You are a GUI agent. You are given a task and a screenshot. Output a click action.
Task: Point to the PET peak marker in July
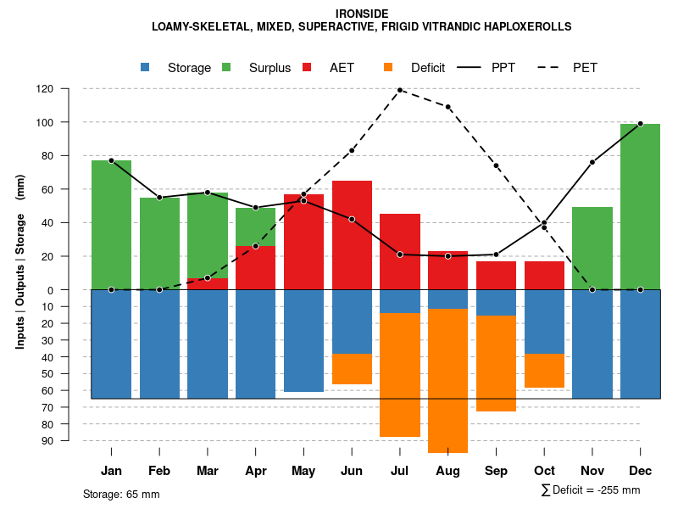tap(400, 90)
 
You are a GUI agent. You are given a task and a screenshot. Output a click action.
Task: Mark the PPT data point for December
tap(640, 124)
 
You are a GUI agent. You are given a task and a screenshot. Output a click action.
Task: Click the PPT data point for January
tap(111, 160)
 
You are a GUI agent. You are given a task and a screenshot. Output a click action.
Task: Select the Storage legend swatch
tap(146, 68)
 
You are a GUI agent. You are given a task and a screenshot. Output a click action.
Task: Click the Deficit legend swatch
tap(389, 68)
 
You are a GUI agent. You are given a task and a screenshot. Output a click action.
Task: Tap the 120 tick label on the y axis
tap(45, 88)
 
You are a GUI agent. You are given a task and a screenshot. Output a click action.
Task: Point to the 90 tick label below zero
tap(47, 440)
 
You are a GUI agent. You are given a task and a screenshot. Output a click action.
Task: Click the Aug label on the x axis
tap(447, 471)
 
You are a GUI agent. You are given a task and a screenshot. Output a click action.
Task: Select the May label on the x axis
tap(303, 471)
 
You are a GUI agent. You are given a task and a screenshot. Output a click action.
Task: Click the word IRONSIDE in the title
tap(362, 14)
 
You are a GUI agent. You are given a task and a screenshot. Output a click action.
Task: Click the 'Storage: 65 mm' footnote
tap(121, 494)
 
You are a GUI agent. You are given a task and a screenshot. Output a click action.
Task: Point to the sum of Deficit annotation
tap(590, 490)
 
